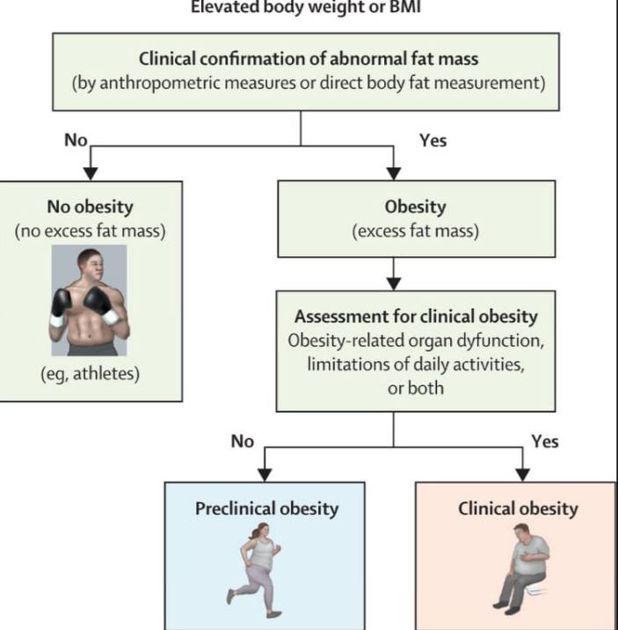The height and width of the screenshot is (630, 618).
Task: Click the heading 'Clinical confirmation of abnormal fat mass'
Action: [x=309, y=59]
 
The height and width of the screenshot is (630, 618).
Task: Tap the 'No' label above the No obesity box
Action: [x=76, y=140]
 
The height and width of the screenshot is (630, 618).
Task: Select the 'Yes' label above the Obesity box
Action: [x=433, y=141]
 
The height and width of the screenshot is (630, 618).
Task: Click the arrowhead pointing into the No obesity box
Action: [x=91, y=173]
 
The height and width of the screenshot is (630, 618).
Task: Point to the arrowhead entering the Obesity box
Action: [x=394, y=173]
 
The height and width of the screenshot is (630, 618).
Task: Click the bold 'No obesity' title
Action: [x=91, y=207]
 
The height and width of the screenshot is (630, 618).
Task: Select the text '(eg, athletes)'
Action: [x=91, y=374]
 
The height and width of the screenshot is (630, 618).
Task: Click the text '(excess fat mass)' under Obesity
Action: [x=415, y=231]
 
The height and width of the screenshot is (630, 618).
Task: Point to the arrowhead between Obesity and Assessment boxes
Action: [x=394, y=283]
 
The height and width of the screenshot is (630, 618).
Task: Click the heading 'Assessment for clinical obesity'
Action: [x=416, y=317]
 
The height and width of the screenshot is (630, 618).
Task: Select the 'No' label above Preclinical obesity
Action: [x=243, y=442]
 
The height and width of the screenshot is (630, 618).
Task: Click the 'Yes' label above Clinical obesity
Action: [x=545, y=442]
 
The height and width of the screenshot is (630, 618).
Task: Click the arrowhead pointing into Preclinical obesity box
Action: [x=265, y=475]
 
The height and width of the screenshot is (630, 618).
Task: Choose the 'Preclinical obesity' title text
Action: [x=267, y=509]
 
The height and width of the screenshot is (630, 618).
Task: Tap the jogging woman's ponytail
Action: [x=255, y=532]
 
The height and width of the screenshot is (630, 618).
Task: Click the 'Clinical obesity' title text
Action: [x=518, y=509]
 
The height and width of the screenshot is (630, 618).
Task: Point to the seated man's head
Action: [x=521, y=533]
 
